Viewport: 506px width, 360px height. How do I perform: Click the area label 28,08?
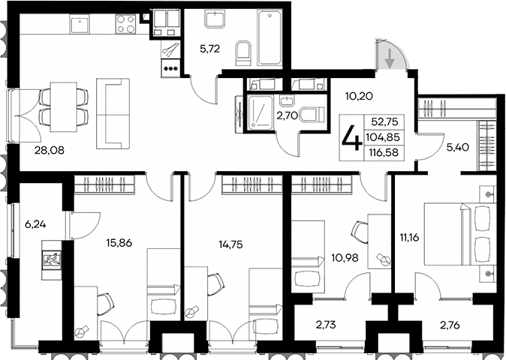(49, 150)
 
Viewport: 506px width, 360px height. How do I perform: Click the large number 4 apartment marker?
(349, 137)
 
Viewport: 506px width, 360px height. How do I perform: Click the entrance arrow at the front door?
(390, 56)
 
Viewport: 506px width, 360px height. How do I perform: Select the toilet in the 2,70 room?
(309, 115)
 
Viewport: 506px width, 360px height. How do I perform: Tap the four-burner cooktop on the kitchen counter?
(125, 25)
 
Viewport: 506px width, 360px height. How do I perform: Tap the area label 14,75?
(230, 243)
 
